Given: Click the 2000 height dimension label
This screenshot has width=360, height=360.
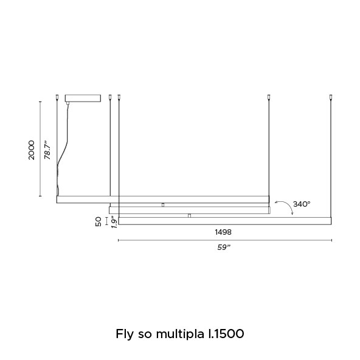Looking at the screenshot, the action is pos(31,150).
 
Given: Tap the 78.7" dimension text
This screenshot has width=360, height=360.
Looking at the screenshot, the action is pos(47,150).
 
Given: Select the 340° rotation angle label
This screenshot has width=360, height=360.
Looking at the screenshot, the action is pos(302,204).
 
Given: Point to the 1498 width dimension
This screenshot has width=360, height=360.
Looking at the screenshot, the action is pos(223,232).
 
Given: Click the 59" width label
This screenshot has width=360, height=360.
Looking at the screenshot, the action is pos(224,247).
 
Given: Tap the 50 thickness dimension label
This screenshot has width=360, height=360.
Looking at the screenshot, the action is pos(99,221).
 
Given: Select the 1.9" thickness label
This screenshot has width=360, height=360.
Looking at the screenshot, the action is pos(114,222).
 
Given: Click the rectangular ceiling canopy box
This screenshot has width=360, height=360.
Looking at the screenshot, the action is pos(83,98).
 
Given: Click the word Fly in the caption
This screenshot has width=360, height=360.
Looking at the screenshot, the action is pos(125,334).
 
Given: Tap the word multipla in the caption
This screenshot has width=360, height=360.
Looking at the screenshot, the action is pos(180,334).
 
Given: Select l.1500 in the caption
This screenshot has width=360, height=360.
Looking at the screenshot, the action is pos(226,334).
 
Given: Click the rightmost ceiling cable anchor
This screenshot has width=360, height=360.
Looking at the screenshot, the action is pos(331,97).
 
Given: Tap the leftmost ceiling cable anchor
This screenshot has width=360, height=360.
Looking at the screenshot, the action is pos(57,97).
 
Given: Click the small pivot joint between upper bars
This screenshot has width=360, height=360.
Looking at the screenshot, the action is pos(163,205).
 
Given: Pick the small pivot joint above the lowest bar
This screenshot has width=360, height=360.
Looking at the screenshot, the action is pos(189,216).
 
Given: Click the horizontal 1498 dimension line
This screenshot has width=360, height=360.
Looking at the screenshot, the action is pos(225,240).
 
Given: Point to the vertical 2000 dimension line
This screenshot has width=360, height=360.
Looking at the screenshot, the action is pos(40,149).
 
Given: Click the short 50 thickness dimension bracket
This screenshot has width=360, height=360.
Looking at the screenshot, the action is pos(106,221).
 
